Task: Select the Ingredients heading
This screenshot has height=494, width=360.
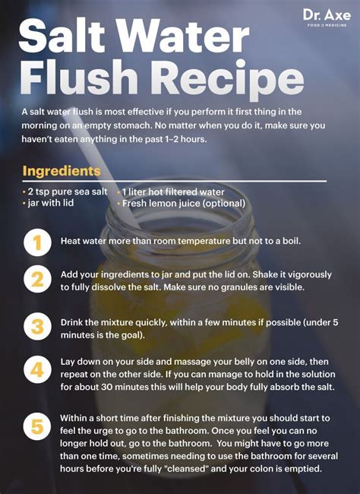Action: (x=61, y=171)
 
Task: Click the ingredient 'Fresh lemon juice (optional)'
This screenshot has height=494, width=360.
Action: (x=182, y=203)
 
